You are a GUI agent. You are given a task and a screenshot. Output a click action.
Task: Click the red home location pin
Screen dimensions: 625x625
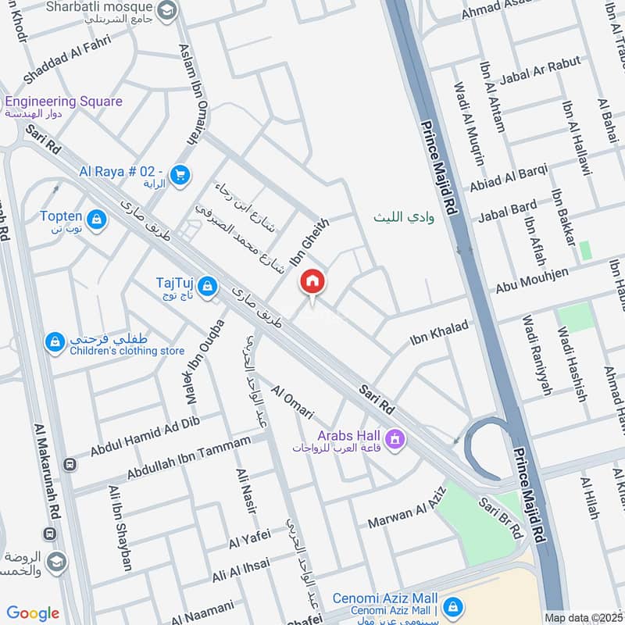pos(312,282)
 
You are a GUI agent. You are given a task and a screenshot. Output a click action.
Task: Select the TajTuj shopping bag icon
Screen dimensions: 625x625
pos(207,287)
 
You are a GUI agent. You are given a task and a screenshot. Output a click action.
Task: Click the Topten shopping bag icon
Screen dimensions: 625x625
pos(97,220)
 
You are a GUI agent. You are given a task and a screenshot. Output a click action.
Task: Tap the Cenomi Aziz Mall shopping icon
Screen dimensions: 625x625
pos(452,605)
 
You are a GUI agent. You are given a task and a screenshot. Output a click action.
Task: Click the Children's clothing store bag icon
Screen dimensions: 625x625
pos(55,342)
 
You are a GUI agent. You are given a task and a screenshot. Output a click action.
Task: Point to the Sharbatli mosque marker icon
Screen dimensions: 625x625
pos(166,11)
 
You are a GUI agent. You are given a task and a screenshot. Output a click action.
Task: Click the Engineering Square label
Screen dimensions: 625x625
pos(63,102)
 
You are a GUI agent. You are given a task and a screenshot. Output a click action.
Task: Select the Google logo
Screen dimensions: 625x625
pos(33,613)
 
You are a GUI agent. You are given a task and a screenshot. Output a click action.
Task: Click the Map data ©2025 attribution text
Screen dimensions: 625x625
pos(584,618)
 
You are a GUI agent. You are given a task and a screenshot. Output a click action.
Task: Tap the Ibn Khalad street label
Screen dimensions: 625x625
pos(439,333)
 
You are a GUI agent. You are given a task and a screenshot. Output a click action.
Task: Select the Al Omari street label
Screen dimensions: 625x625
pos(292,402)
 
